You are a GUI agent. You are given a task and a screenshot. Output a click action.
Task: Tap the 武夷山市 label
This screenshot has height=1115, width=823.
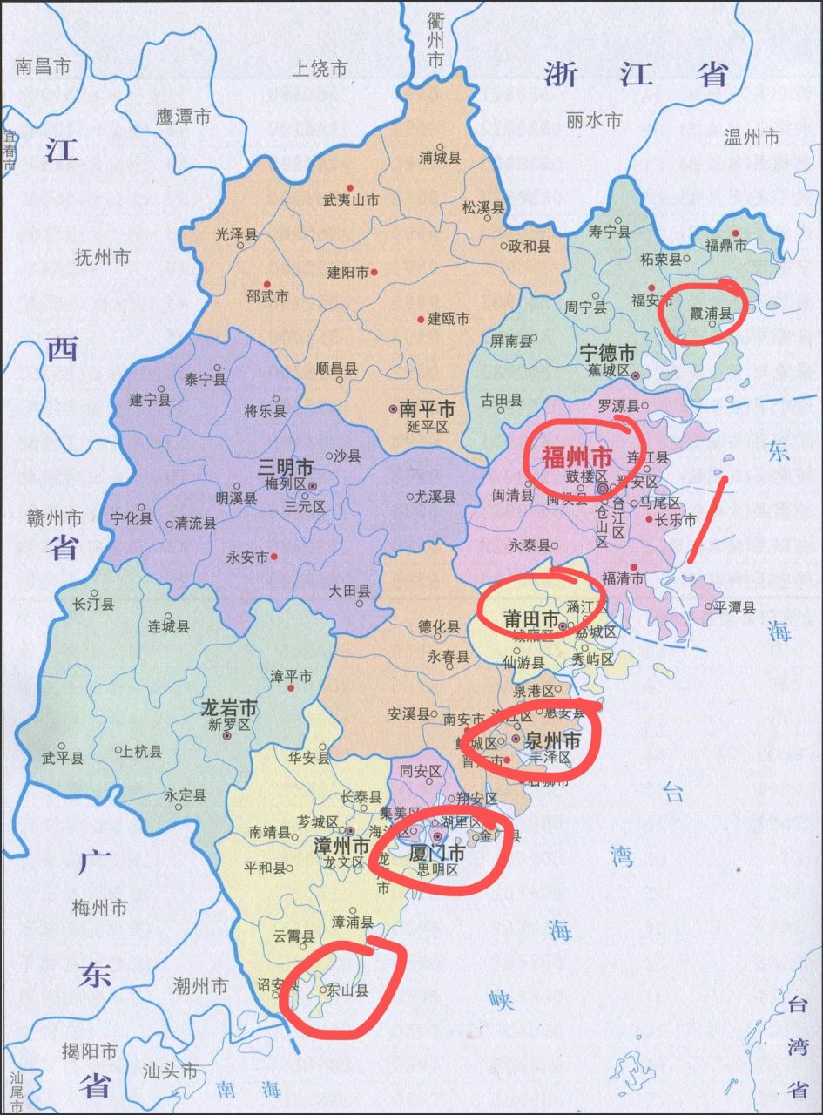tap(350, 200)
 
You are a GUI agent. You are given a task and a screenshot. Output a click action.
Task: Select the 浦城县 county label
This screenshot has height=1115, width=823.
tap(440, 158)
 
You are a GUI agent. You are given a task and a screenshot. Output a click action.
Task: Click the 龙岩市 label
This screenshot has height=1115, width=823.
tap(229, 706)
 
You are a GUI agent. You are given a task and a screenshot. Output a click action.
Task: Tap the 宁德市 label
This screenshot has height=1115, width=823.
tap(608, 353)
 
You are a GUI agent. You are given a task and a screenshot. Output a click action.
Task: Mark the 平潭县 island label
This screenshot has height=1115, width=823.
tap(735, 607)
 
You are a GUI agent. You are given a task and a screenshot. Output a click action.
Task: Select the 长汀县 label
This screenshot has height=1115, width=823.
tap(94, 604)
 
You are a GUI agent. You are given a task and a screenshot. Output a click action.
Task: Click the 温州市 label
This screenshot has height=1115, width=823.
tap(752, 137)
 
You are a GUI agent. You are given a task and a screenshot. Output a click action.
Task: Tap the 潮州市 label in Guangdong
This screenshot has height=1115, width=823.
tap(200, 986)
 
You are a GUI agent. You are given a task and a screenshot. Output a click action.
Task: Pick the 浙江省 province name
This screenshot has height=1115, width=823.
tap(636, 75)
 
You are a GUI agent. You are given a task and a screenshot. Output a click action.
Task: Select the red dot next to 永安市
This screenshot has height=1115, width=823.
tap(274, 557)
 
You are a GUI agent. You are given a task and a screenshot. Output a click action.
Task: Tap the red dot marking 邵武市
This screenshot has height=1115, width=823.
tap(267, 284)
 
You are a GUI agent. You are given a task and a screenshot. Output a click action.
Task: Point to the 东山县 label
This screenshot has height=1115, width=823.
tap(348, 990)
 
